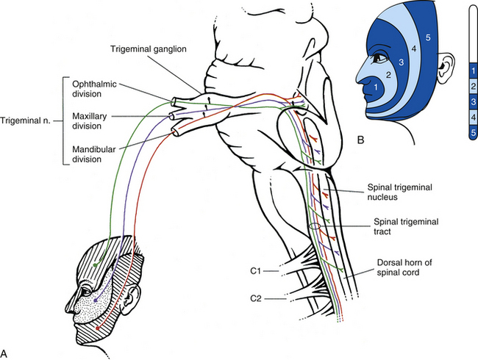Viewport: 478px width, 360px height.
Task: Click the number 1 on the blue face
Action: point(376,87)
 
